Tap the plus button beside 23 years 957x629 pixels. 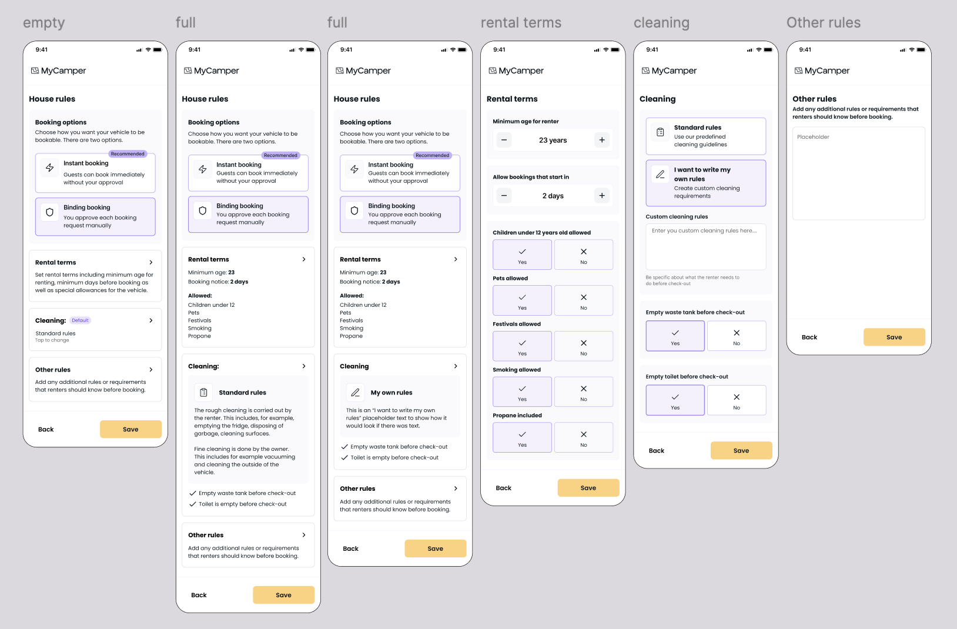[601, 140]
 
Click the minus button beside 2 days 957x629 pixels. [504, 195]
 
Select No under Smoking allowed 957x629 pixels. [584, 392]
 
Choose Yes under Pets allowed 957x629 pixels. [522, 300]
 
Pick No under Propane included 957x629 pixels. [584, 437]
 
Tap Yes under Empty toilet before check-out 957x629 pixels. [675, 400]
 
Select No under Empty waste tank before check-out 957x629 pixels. [737, 336]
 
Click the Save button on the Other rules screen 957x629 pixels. [894, 337]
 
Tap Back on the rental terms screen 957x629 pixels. [503, 487]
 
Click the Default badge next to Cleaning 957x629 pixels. [80, 320]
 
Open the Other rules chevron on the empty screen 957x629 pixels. [151, 370]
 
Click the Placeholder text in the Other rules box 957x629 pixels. [813, 137]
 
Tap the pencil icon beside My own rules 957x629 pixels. [356, 392]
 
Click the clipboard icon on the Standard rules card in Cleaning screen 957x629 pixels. [660, 132]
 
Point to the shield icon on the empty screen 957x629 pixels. [49, 212]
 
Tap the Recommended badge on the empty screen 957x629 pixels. [128, 154]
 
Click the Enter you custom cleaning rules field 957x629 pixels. [706, 246]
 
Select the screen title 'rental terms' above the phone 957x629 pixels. [521, 22]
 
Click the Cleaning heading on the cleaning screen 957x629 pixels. [658, 99]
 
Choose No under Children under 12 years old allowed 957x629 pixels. [584, 255]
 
